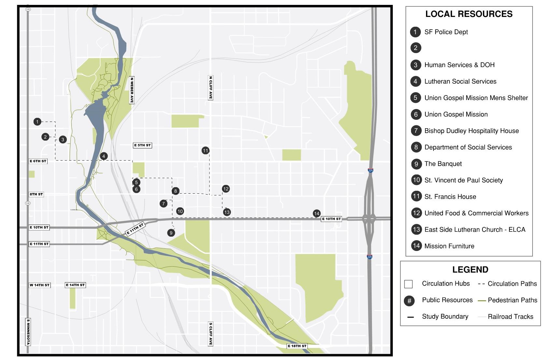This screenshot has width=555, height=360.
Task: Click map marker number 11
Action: point(205,150)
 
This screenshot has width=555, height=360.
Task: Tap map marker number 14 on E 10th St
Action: point(317,214)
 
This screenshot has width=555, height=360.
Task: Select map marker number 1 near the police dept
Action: point(37,122)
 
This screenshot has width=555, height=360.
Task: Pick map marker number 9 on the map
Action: point(171,233)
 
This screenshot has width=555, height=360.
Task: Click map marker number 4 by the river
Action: point(104,156)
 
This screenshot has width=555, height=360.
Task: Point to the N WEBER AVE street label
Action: point(132,90)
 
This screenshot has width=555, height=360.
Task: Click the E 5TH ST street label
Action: point(142,145)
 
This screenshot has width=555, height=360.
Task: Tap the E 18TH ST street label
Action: point(297,346)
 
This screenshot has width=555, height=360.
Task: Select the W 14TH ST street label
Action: point(40,285)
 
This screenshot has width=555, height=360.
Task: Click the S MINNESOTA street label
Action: point(28,332)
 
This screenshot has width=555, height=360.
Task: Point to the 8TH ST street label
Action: point(36,194)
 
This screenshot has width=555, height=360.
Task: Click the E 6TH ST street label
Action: point(38,161)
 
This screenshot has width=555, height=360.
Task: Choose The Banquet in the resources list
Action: point(443,164)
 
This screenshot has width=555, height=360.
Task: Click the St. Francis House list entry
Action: point(450,197)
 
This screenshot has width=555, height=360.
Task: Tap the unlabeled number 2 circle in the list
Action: point(416,48)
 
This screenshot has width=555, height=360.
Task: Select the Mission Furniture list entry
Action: point(449,246)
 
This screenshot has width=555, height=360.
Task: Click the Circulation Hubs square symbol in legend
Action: point(408,284)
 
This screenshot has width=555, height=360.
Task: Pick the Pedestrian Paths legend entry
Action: point(512,300)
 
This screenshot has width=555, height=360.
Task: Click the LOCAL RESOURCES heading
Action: point(469,14)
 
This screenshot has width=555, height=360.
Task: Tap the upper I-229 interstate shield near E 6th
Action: point(370,170)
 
